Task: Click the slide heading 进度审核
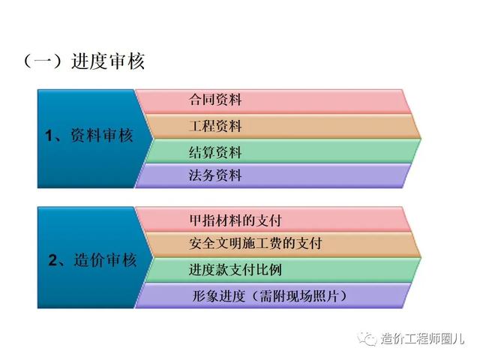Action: pyautogui.click(x=108, y=61)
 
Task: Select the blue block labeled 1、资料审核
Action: pyautogui.click(x=91, y=139)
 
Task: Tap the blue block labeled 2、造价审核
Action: pyautogui.click(x=91, y=257)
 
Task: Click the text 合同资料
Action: pyautogui.click(x=215, y=100)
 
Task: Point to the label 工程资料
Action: pyautogui.click(x=215, y=126)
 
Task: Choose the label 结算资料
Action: pyautogui.click(x=215, y=152)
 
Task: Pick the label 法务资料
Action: pyautogui.click(x=215, y=175)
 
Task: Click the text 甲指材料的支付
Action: pyautogui.click(x=235, y=220)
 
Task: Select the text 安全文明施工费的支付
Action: pyautogui.click(x=255, y=244)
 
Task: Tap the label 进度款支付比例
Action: pyautogui.click(x=235, y=270)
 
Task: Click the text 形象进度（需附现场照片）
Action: pyautogui.click(x=270, y=296)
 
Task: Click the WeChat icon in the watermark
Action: pyautogui.click(x=367, y=338)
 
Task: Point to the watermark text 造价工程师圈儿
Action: pyautogui.click(x=422, y=338)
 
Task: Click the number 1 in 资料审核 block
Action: pyautogui.click(x=49, y=136)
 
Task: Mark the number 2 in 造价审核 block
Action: pyautogui.click(x=52, y=260)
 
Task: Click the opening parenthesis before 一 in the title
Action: pyautogui.click(x=28, y=61)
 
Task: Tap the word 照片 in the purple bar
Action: pyautogui.click(x=325, y=296)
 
